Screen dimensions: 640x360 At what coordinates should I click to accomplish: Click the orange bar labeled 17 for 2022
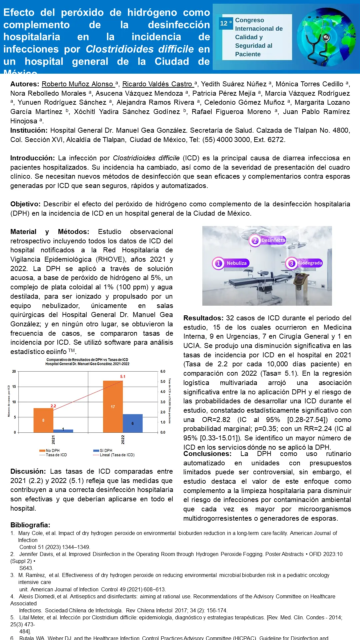coord(113,407)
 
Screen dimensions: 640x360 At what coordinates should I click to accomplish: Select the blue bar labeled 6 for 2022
coord(133,423)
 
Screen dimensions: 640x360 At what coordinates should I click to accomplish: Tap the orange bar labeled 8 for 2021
coord(43,420)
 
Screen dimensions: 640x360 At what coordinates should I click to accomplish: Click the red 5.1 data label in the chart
coord(123,377)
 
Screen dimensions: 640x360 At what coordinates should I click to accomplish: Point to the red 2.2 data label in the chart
coord(53,406)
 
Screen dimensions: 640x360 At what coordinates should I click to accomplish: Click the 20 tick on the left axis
coord(14,371)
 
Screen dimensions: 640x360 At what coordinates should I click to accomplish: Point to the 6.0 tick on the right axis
coord(163,371)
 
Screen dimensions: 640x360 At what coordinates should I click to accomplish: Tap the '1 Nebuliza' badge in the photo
coord(231,263)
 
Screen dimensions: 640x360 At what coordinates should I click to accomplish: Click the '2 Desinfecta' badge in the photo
coord(268,240)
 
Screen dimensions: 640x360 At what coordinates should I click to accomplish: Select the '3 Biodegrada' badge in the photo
coord(304,263)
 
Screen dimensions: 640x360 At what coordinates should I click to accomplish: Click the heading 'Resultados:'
coord(203,318)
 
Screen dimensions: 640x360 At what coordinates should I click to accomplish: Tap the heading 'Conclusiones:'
coord(207,454)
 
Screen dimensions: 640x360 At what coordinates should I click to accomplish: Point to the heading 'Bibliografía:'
coord(30,525)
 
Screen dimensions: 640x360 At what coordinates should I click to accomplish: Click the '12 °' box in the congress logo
coord(226,23)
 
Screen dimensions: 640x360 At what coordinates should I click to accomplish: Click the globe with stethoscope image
coord(326,37)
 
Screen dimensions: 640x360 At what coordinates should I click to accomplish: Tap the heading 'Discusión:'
coord(28,472)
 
